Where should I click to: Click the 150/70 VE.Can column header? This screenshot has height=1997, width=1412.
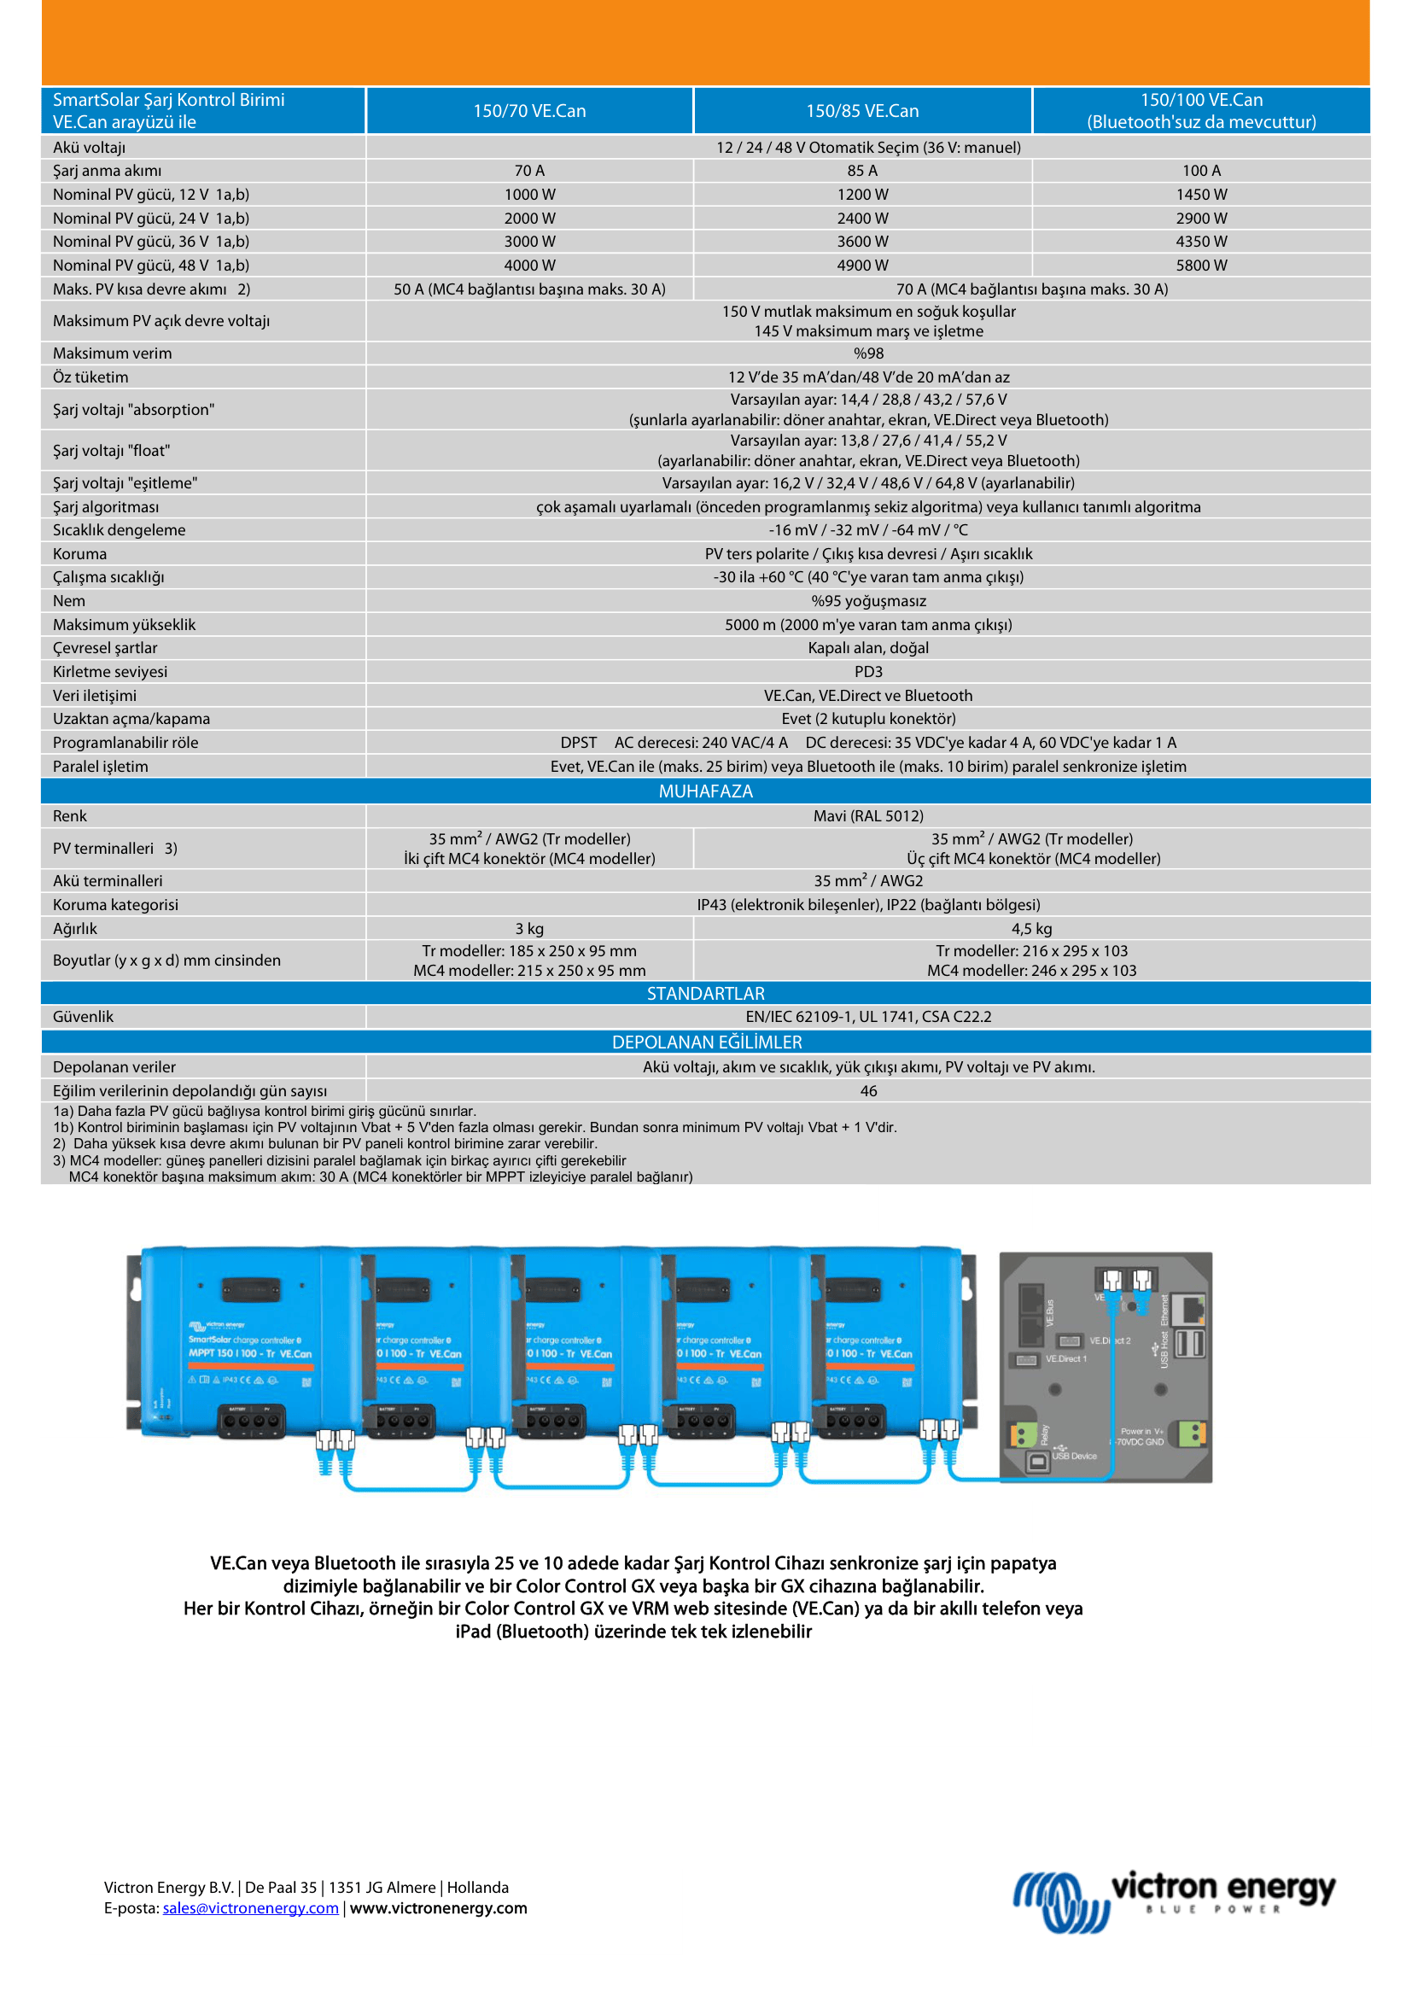click(x=529, y=111)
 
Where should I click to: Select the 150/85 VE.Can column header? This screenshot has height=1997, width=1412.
click(x=861, y=111)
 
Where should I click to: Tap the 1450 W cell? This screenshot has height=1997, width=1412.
click(x=1201, y=195)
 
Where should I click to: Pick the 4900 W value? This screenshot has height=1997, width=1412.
click(x=861, y=266)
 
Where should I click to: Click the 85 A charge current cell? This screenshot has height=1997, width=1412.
click(x=861, y=172)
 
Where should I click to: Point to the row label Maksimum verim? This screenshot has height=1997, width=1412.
click(x=112, y=353)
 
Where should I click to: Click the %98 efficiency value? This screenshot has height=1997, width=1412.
click(x=867, y=353)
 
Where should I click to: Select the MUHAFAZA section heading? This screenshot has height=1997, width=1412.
click(x=705, y=791)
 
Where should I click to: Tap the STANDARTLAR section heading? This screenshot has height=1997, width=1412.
click(x=705, y=993)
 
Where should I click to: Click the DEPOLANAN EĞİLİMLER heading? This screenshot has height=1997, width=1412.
click(x=706, y=1042)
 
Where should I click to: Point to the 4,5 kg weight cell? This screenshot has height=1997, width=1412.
click(x=1031, y=929)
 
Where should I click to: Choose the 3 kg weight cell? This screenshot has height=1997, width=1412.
click(x=529, y=929)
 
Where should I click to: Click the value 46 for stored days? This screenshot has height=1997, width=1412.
click(x=867, y=1090)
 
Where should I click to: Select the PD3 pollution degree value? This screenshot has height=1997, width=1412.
click(x=867, y=671)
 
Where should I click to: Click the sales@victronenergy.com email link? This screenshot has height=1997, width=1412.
click(x=250, y=1907)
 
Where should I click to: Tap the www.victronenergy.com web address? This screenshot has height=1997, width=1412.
click(x=438, y=1907)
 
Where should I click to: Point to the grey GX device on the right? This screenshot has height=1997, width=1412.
click(x=1105, y=1367)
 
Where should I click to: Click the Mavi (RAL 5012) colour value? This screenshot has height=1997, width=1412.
click(x=867, y=816)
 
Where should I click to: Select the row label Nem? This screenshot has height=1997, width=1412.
click(x=68, y=601)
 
